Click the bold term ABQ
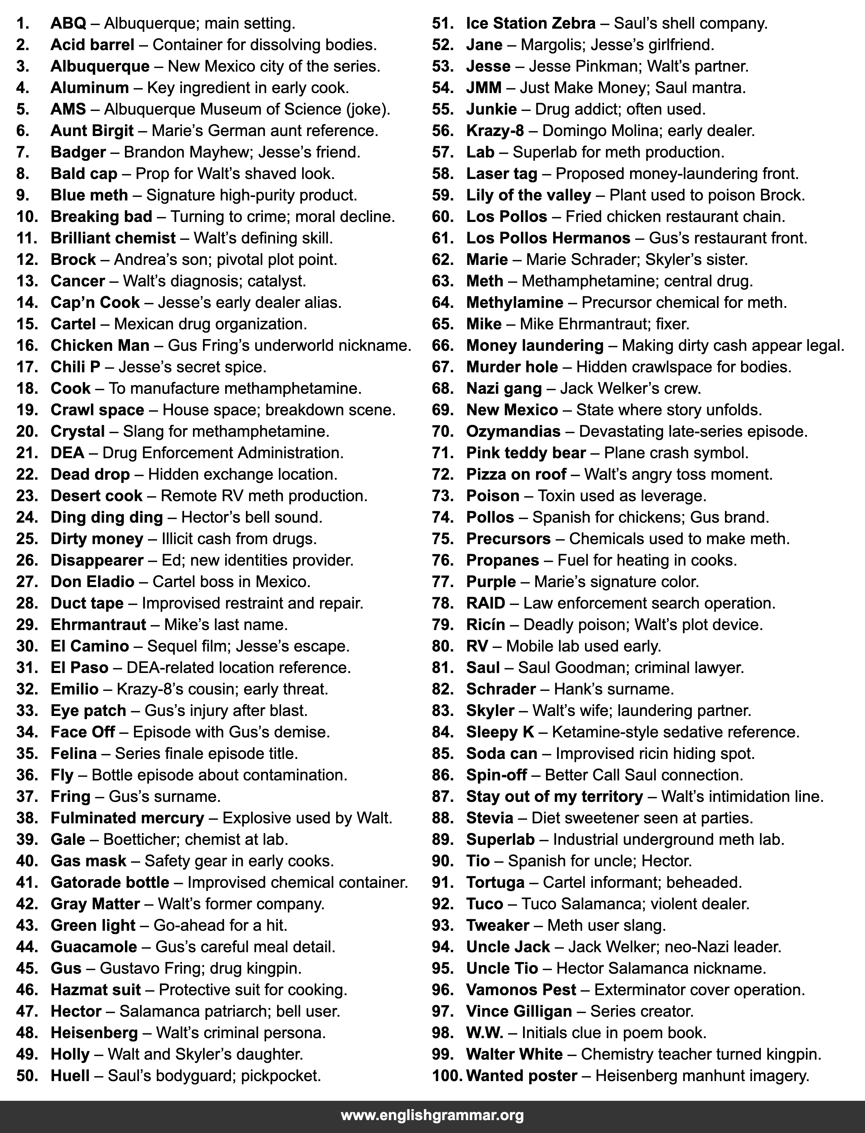[x=68, y=24]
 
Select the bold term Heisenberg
[x=94, y=1033]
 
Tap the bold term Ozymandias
[x=513, y=431]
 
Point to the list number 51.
[x=443, y=24]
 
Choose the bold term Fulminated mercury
[x=127, y=818]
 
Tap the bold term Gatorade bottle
[x=110, y=882]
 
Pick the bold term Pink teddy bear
[x=526, y=453]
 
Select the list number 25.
[x=27, y=539]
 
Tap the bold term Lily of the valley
[x=528, y=195]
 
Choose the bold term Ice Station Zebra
[x=530, y=24]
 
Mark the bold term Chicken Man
[x=100, y=345]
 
